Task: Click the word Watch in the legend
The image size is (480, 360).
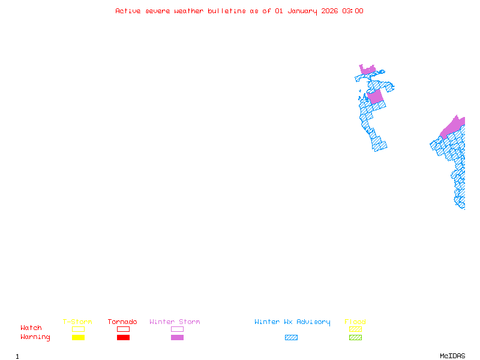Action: click(x=31, y=328)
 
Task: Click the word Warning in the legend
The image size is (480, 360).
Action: click(x=35, y=337)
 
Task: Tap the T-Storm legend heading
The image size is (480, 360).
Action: click(x=77, y=322)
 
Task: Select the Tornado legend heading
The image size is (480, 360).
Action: click(x=122, y=322)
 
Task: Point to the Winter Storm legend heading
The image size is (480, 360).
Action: click(x=175, y=322)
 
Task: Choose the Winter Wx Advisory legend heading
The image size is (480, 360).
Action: click(x=292, y=322)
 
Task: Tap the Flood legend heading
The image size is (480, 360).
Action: click(x=355, y=322)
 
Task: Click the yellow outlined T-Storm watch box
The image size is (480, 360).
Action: click(x=78, y=329)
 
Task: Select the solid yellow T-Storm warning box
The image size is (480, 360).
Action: click(x=78, y=337)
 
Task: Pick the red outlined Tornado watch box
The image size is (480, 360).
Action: click(x=123, y=329)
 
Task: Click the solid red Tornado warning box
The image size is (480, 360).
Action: click(x=123, y=337)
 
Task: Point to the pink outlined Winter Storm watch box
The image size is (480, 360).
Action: click(x=177, y=329)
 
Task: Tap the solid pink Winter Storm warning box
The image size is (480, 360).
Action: click(x=177, y=337)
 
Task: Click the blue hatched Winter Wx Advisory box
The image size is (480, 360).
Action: click(x=291, y=337)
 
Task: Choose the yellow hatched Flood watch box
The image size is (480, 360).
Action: click(x=355, y=329)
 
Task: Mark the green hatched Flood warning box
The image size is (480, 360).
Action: click(x=355, y=337)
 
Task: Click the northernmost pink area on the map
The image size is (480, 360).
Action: click(x=367, y=70)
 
